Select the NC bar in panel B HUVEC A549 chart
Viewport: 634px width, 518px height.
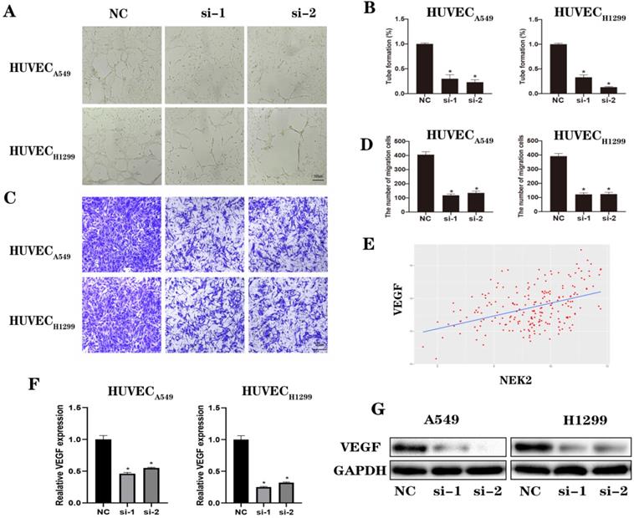click(426, 65)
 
